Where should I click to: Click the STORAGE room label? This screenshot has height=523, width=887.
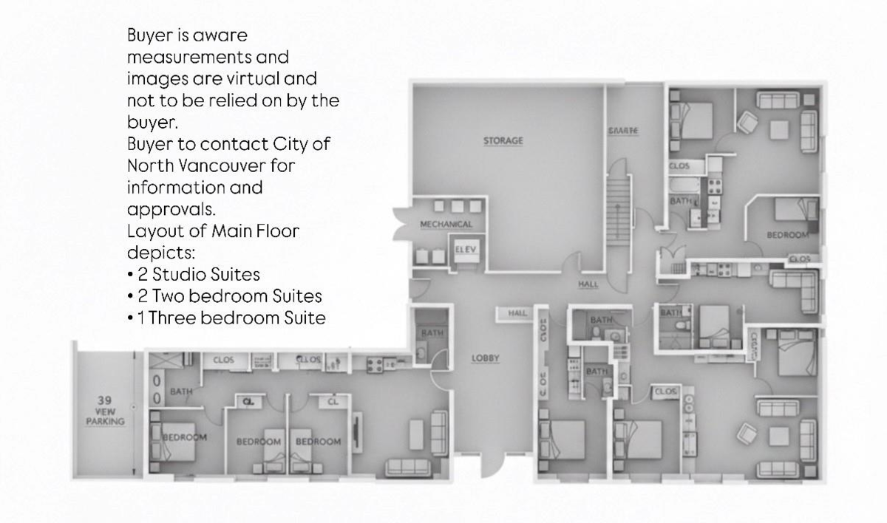(503, 140)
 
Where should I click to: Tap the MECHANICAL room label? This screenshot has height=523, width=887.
(446, 224)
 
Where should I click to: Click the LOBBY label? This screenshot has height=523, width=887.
(486, 358)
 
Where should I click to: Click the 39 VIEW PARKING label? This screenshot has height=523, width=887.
(105, 411)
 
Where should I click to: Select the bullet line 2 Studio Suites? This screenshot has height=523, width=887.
(194, 274)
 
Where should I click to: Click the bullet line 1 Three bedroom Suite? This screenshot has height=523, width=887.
(226, 318)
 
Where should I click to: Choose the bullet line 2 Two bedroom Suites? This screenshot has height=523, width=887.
(225, 296)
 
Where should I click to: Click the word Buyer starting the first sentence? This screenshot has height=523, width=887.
(150, 35)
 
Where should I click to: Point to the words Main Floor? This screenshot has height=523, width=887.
(255, 230)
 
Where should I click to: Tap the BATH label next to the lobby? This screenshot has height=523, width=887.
(431, 333)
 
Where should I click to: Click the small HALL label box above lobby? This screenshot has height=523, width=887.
(517, 313)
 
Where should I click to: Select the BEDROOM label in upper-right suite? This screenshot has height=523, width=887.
(786, 234)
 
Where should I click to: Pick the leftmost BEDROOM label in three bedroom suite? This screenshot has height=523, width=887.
(185, 437)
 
